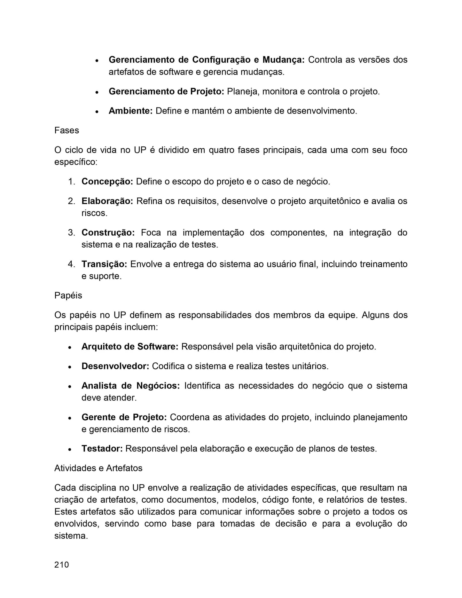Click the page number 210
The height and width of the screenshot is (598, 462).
pyautogui.click(x=61, y=565)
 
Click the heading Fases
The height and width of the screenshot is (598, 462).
pyautogui.click(x=67, y=130)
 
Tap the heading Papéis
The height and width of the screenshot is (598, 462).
pyautogui.click(x=68, y=295)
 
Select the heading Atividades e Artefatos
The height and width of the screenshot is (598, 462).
pyautogui.click(x=98, y=468)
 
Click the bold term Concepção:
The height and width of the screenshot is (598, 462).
pyautogui.click(x=107, y=182)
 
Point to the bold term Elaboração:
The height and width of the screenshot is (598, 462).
pyautogui.click(x=107, y=201)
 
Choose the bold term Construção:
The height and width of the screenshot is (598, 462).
pyautogui.click(x=108, y=232)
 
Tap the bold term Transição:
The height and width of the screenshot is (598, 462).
pyautogui.click(x=104, y=264)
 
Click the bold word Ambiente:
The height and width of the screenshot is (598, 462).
pyautogui.click(x=130, y=111)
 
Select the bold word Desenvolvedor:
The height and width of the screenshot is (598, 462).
pyautogui.click(x=115, y=366)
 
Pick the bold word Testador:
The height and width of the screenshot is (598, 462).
pyautogui.click(x=102, y=449)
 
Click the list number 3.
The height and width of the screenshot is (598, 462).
pyautogui.click(x=71, y=232)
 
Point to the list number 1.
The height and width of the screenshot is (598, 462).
pyautogui.click(x=71, y=182)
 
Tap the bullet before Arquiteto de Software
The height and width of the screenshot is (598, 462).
pyautogui.click(x=69, y=347)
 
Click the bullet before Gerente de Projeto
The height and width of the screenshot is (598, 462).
pyautogui.click(x=69, y=418)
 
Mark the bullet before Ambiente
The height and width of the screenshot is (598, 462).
pyautogui.click(x=97, y=112)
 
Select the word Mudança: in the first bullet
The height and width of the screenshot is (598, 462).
pyautogui.click(x=284, y=60)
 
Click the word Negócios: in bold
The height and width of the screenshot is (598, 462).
pyautogui.click(x=158, y=386)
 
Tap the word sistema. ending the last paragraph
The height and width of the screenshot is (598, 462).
pyautogui.click(x=71, y=536)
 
